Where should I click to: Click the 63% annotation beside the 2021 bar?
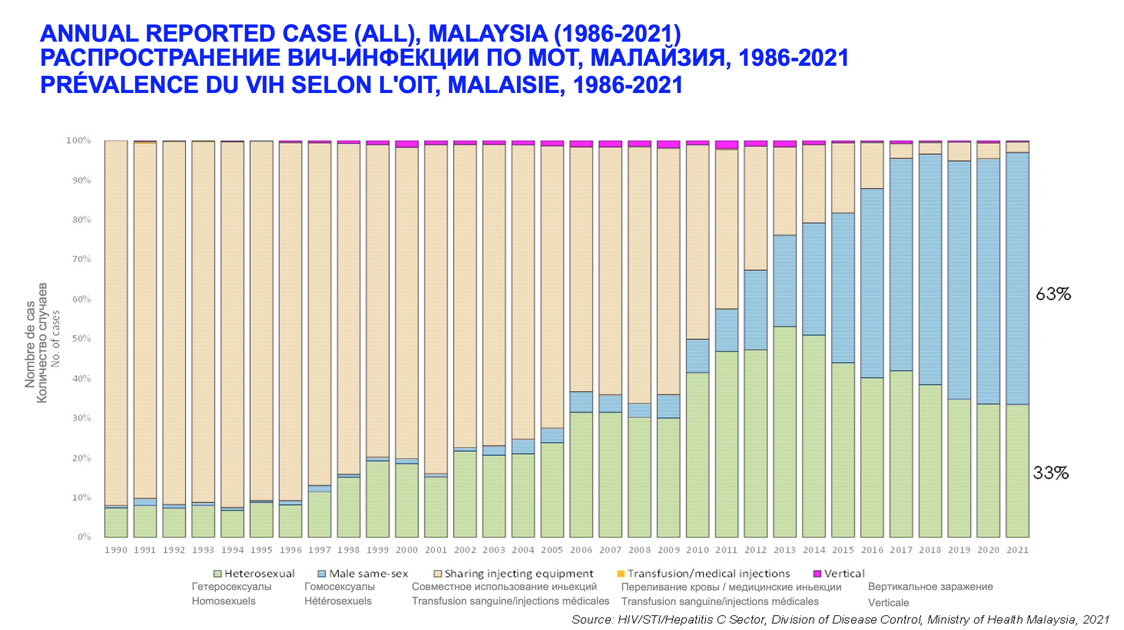click(1053, 294)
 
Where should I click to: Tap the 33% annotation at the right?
click(1050, 473)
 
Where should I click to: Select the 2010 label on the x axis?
click(697, 550)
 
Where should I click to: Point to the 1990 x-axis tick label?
click(116, 550)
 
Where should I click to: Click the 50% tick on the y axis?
click(82, 339)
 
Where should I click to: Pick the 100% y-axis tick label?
click(79, 140)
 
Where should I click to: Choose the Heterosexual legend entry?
click(259, 574)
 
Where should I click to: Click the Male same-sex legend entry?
click(368, 574)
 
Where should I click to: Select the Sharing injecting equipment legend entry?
click(519, 574)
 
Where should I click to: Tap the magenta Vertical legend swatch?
click(817, 574)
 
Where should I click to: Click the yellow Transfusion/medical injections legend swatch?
click(621, 574)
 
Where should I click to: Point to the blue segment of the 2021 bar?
click(1017, 279)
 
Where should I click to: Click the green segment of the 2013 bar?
click(785, 432)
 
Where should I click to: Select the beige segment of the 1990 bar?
click(116, 322)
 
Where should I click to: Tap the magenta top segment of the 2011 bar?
click(727, 145)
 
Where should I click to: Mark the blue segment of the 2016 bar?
click(872, 283)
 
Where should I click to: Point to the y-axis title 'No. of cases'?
click(56, 339)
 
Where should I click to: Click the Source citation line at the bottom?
click(840, 619)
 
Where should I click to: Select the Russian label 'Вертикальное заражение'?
click(930, 587)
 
